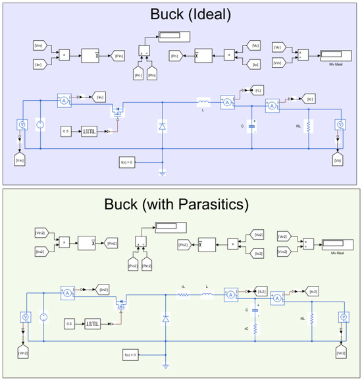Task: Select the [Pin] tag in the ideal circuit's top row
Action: (114, 57)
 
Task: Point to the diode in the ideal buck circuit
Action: (163, 125)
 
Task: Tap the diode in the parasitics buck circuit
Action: (165, 319)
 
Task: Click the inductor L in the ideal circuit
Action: (203, 101)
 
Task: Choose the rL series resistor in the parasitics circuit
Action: (184, 294)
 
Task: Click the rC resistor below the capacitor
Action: (254, 328)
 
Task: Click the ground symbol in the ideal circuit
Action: (163, 173)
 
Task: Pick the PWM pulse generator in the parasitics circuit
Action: (93, 323)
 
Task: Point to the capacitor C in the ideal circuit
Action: (253, 125)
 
